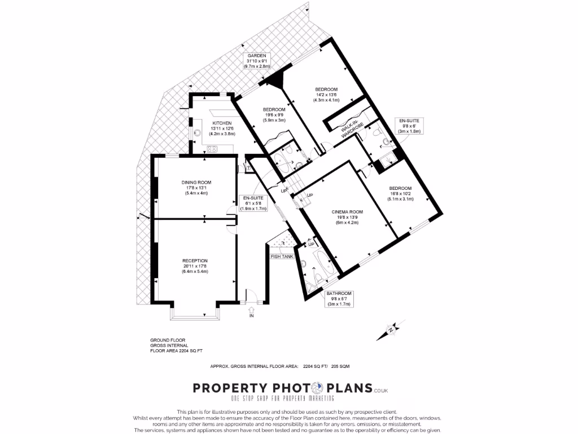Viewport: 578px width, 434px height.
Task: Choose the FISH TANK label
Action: (281, 257)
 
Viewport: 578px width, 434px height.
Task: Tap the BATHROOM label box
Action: (339, 298)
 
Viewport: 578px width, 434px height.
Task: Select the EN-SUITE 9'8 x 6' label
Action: (409, 126)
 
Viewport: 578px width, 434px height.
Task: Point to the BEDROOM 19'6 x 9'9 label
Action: (274, 115)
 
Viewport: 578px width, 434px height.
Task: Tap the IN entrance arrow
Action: (252, 311)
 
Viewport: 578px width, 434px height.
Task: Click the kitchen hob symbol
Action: (212, 149)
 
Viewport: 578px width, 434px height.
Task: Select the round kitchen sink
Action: (198, 133)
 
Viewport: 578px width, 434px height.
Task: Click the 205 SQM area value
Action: (340, 366)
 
